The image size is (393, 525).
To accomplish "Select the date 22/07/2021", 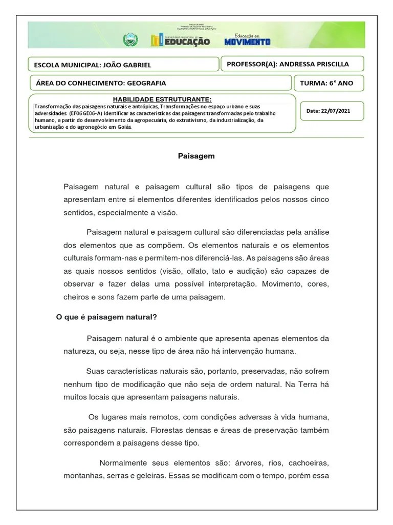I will (335, 110).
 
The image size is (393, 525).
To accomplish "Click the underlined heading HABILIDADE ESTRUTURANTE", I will (162, 99).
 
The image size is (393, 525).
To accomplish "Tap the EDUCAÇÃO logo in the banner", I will (180, 41).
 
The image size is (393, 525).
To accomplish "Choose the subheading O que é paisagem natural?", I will (106, 317).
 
